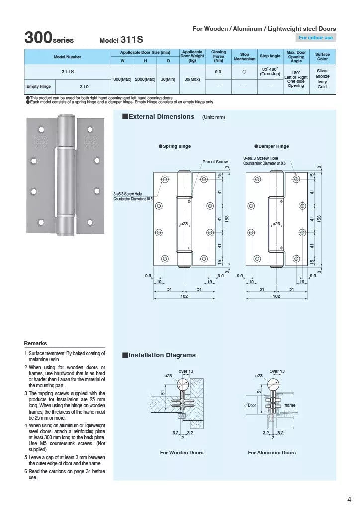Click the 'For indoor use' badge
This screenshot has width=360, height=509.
(x=316, y=38)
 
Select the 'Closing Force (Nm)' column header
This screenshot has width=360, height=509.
(x=218, y=56)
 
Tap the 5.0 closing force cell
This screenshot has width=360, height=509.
(x=218, y=72)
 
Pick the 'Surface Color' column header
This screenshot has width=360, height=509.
(x=322, y=56)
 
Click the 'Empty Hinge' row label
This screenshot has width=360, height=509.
(x=39, y=86)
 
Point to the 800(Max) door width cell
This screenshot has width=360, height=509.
(x=122, y=79)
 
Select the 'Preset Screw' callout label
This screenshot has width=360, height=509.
(x=215, y=162)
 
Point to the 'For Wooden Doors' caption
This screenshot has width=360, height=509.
(x=181, y=453)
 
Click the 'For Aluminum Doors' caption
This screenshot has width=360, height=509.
(x=271, y=453)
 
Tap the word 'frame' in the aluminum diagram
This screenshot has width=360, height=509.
(x=290, y=405)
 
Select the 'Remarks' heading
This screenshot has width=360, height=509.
(x=35, y=343)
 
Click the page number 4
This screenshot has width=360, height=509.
(x=349, y=499)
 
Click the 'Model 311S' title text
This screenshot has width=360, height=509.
(x=122, y=40)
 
